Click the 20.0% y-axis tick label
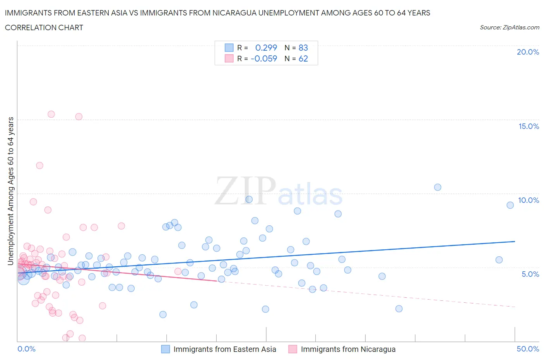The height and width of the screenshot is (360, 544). [x=528, y=52]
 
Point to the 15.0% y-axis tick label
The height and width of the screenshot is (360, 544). [x=529, y=126]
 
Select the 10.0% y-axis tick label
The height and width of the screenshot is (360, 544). [x=529, y=200]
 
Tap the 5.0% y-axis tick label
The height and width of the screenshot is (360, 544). [x=530, y=274]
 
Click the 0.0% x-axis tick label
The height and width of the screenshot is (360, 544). [x=27, y=349]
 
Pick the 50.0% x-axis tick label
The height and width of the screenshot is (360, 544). [x=528, y=349]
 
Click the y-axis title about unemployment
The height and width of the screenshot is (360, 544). [x=10, y=191]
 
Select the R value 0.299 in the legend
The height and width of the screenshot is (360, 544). [x=266, y=48]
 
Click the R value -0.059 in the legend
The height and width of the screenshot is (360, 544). [x=264, y=58]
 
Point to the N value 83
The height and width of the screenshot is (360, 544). [x=303, y=48]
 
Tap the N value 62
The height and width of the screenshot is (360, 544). [x=303, y=58]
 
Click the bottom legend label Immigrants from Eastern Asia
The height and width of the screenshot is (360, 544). [x=225, y=349]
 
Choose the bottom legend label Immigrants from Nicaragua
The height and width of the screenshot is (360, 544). [x=348, y=349]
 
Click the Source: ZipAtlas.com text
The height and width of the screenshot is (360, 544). [x=509, y=27]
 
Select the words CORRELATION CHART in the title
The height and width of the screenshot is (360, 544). [x=44, y=27]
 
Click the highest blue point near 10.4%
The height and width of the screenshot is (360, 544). [x=438, y=187]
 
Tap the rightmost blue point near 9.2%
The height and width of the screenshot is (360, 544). [x=510, y=205]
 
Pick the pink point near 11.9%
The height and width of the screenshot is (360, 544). [x=39, y=165]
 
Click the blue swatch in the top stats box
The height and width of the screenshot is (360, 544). [x=229, y=48]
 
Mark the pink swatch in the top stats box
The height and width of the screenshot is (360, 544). [x=229, y=58]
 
